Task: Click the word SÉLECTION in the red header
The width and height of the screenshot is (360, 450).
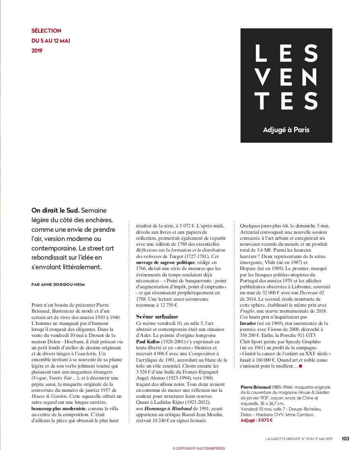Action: coord(46,31)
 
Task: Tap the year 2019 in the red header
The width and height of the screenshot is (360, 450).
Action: coord(37,51)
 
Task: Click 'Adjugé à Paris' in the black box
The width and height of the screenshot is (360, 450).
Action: coord(286,130)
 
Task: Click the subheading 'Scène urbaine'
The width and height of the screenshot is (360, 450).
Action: coord(157,316)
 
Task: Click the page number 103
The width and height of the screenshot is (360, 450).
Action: coord(345,439)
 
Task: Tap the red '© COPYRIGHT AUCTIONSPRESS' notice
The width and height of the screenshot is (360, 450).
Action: coord(198,448)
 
